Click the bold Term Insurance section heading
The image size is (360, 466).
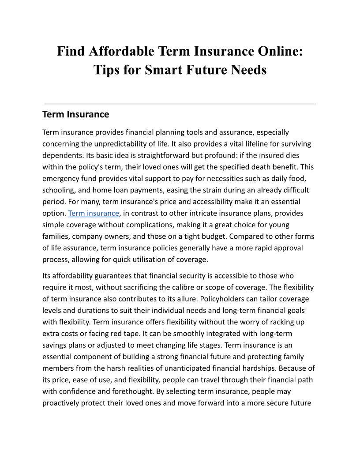pos(75,114)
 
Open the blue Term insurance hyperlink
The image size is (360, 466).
pos(94,213)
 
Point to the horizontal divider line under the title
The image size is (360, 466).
pos(180,104)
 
